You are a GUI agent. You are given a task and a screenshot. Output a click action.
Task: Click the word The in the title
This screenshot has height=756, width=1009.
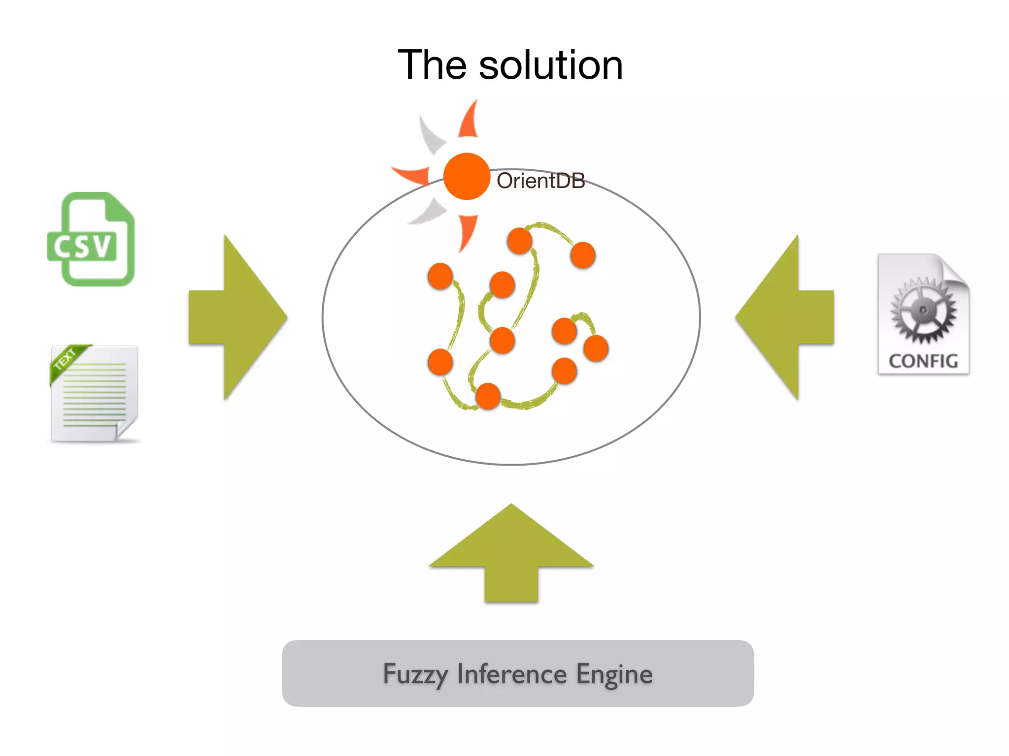(x=432, y=65)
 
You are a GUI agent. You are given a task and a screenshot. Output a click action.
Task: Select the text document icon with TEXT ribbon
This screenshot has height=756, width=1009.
(x=95, y=394)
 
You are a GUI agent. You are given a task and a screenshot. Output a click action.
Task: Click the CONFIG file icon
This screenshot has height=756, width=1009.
(x=923, y=315)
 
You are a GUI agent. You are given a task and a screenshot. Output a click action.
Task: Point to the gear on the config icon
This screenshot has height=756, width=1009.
(x=923, y=310)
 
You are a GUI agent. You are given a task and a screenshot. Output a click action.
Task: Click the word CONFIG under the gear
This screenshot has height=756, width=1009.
(x=923, y=361)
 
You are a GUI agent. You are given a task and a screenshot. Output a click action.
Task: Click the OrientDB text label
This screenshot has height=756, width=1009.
(x=540, y=181)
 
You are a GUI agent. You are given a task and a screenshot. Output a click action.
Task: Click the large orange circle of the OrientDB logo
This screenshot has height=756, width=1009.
(x=466, y=176)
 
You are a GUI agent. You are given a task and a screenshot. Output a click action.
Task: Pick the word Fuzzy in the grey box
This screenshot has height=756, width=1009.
(x=415, y=674)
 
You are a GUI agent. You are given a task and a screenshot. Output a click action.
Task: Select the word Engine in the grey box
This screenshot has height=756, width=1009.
(x=614, y=674)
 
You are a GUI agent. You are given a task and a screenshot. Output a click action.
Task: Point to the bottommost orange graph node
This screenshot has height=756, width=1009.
(x=488, y=396)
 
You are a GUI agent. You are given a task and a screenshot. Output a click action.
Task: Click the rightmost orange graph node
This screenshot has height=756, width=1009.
(x=596, y=348)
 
